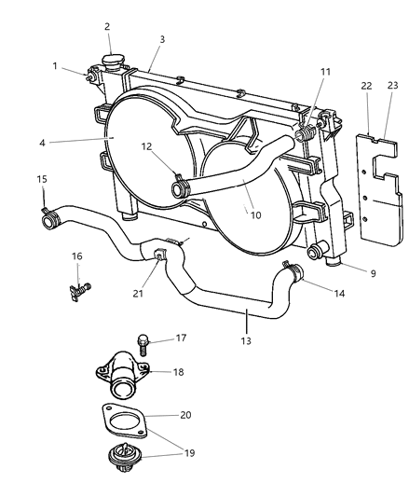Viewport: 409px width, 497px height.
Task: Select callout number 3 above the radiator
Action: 162,39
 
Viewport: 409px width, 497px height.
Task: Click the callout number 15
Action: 41,179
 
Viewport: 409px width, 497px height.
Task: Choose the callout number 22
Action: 367,86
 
